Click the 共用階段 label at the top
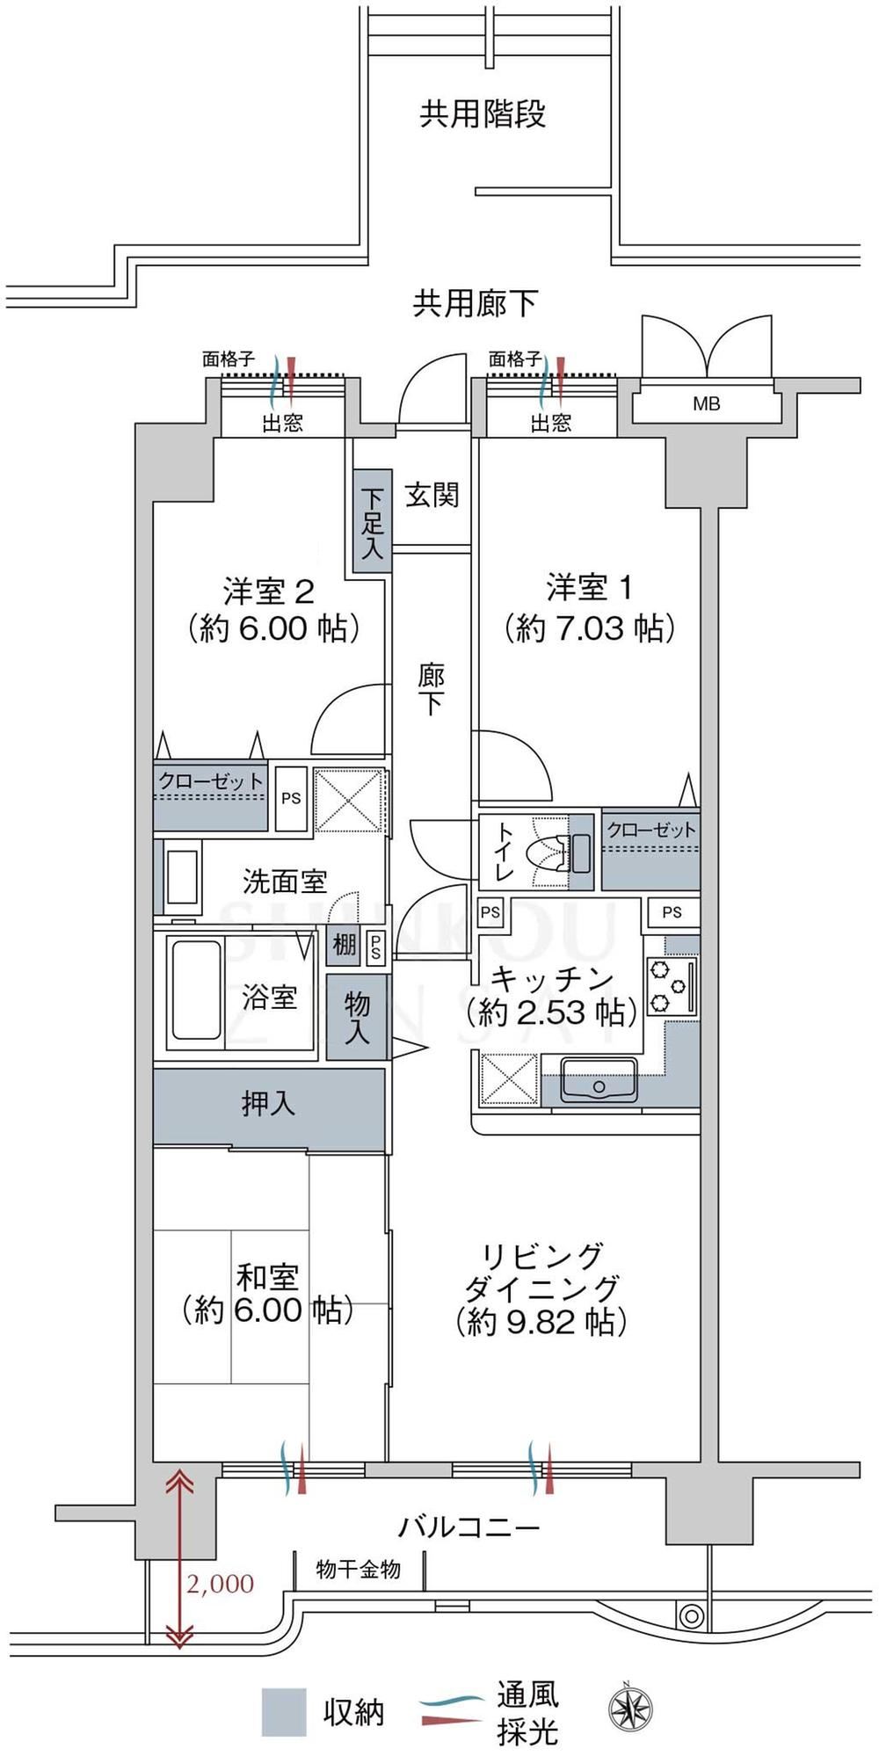(483, 113)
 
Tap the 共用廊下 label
(476, 303)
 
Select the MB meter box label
(707, 404)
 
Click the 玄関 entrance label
(432, 495)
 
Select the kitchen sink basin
(599, 1080)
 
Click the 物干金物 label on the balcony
(358, 1569)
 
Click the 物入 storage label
(357, 1018)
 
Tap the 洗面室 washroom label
(285, 882)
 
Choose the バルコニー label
(469, 1527)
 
